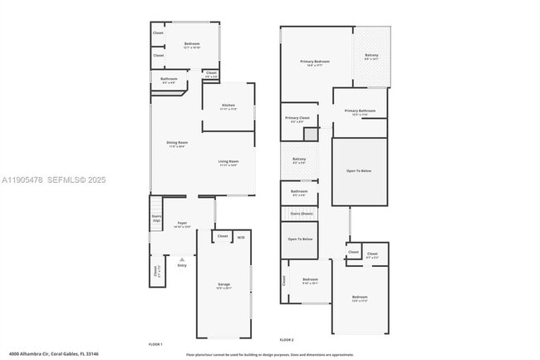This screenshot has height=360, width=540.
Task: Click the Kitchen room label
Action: [228, 106]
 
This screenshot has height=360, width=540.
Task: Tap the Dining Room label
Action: [177, 143]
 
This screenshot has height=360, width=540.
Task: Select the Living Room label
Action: [228, 162]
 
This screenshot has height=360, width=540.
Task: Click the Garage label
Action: [223, 285]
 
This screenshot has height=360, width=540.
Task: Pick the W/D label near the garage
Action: [241, 238]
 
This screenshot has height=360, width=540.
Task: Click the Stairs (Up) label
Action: [156, 218]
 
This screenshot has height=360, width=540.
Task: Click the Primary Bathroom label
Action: [361, 112]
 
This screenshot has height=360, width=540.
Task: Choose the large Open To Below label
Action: [359, 171]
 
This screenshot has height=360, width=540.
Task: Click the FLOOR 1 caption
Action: [155, 343]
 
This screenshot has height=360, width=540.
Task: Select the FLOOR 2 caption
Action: [287, 340]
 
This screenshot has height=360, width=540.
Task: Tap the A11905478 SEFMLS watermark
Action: [54, 180]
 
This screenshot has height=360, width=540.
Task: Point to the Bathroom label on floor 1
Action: [169, 80]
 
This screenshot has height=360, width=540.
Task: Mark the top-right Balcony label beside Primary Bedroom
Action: [371, 57]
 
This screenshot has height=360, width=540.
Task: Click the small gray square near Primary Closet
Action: [310, 134]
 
